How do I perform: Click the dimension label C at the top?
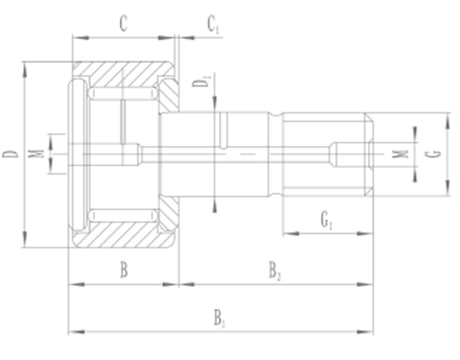tap(124, 23)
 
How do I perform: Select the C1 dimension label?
tap(213, 24)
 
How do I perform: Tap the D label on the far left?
tap(11, 154)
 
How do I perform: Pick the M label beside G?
tap(400, 153)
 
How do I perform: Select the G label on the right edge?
tap(433, 154)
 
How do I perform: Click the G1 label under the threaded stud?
tap(327, 220)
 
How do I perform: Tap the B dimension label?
tap(124, 270)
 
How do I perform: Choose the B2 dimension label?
tap(274, 271)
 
